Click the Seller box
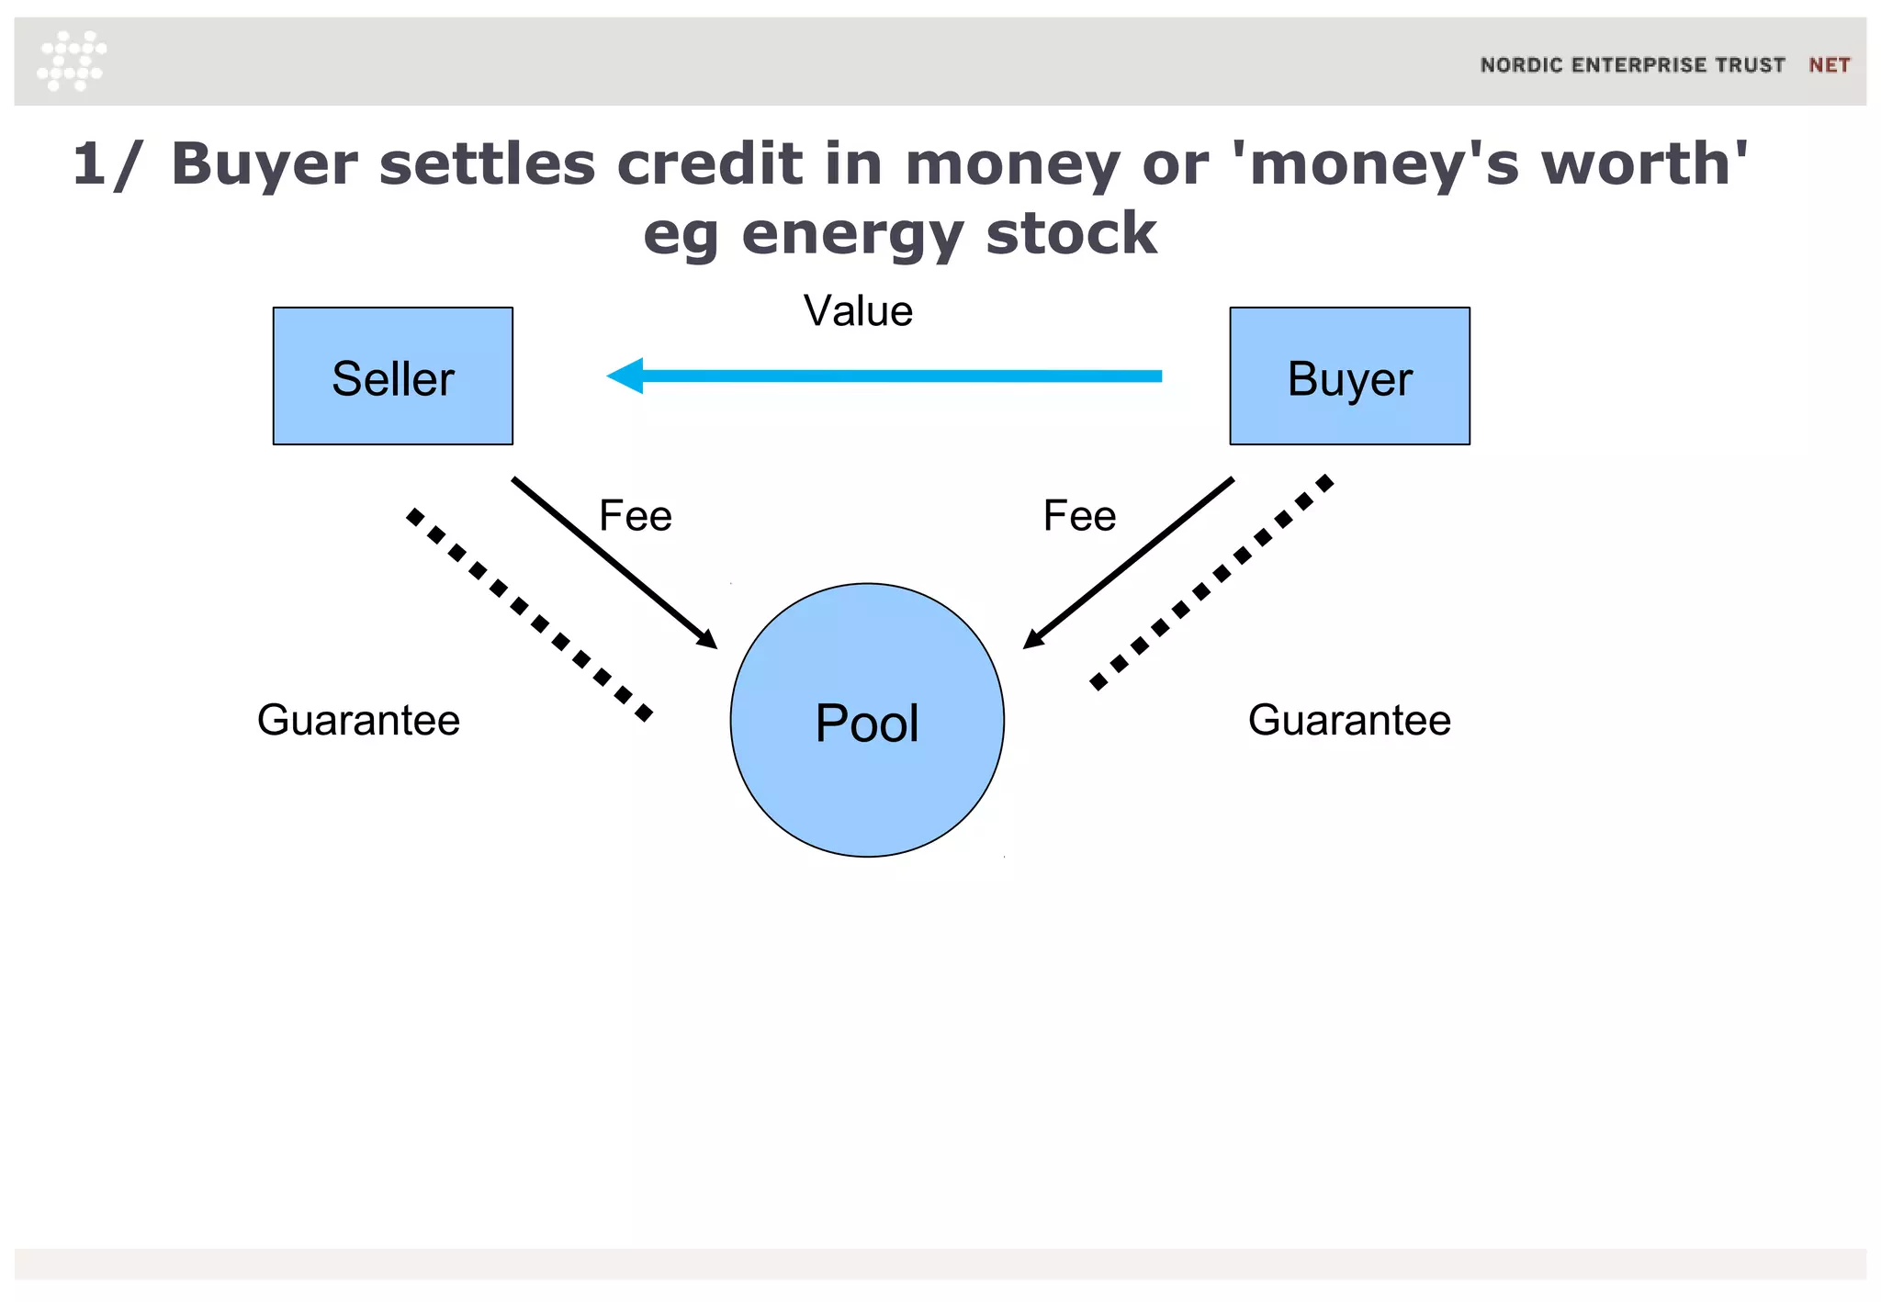click(392, 376)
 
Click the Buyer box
click(1349, 376)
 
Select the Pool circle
click(867, 720)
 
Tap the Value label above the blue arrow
click(858, 311)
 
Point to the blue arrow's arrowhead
click(625, 376)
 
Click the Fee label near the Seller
click(635, 516)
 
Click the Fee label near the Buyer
click(1079, 516)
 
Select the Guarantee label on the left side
click(358, 720)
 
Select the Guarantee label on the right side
click(1349, 720)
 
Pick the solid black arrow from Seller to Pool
click(614, 562)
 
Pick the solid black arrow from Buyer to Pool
click(1128, 562)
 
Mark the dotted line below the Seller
click(529, 613)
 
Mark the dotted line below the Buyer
click(1211, 582)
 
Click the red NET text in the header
click(1829, 65)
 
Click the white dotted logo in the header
click(72, 61)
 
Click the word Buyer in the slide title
click(265, 165)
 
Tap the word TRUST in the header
click(1751, 65)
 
